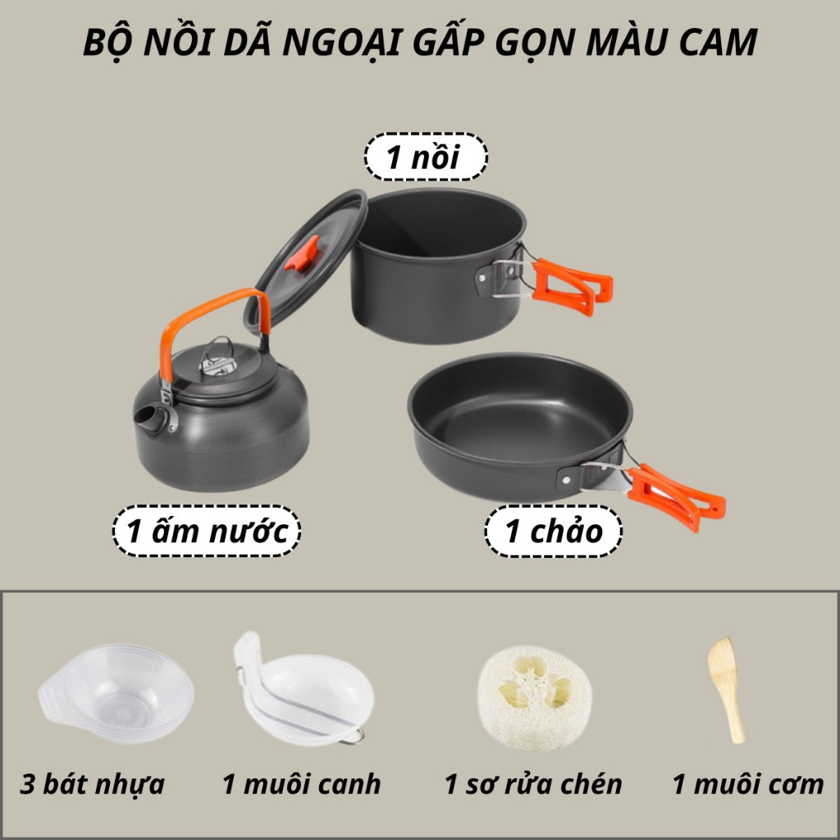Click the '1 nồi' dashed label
426,157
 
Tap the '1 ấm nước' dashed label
206,531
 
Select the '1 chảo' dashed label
554,531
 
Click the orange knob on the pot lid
302,253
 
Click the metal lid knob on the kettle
217,357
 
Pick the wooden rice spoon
727,689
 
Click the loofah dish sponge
535,696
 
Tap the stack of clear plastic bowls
116,692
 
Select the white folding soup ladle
303,691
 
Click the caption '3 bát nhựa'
92,783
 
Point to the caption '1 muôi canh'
301,783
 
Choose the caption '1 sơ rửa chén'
533,783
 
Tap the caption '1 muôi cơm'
748,783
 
